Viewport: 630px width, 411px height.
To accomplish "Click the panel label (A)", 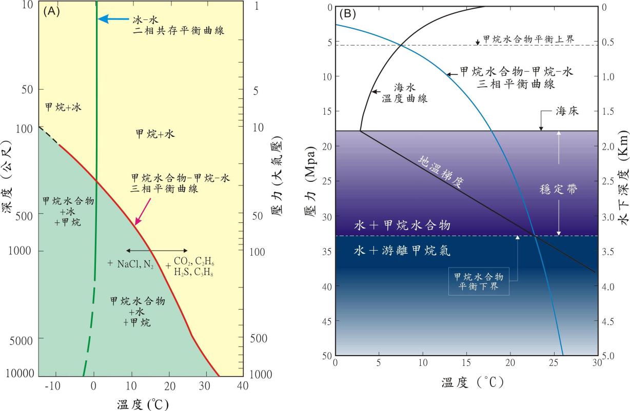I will point(52,11).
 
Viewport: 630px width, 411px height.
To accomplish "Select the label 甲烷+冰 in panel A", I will point(63,108).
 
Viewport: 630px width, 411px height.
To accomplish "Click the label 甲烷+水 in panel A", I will point(155,134).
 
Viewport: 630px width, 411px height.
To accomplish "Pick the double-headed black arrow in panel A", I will point(156,250).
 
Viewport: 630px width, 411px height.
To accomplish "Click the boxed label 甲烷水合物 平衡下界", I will point(479,282).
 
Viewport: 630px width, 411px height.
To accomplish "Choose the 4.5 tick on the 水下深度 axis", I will point(609,321).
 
